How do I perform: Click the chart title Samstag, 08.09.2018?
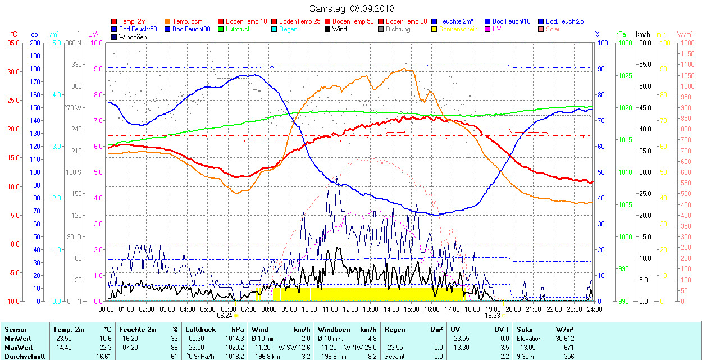point(352,9)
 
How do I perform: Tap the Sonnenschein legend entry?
point(458,29)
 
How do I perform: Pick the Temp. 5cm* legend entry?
point(188,21)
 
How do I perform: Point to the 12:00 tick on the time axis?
point(350,309)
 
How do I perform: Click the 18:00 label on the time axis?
point(472,309)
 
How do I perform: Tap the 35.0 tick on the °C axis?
point(12,43)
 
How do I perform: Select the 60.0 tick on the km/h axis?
point(644,43)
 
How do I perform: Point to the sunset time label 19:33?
point(493,316)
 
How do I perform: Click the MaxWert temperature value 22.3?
point(106,347)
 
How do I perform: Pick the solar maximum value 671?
point(568,347)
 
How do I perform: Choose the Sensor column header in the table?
point(15,330)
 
